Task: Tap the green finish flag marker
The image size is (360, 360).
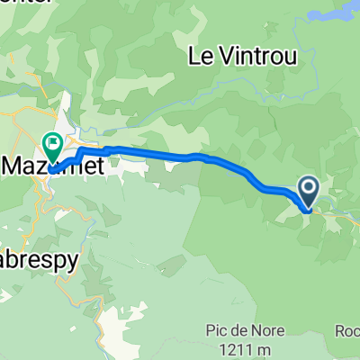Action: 52,142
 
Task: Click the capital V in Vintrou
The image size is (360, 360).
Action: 222,56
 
